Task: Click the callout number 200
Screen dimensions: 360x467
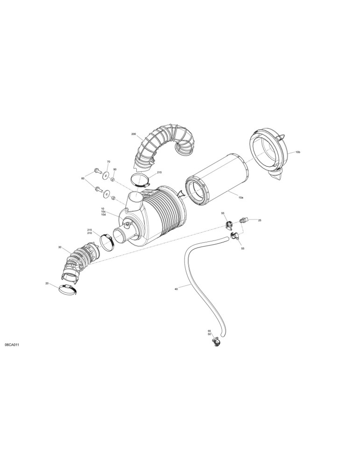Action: [134, 134]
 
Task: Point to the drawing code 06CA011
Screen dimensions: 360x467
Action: [12, 345]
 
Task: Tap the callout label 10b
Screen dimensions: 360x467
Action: [298, 152]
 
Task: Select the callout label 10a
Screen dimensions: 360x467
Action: [241, 198]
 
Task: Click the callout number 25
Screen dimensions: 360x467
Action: [260, 220]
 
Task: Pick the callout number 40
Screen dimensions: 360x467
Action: [176, 289]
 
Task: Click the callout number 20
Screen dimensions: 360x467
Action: [47, 283]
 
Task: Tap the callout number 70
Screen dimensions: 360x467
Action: [108, 162]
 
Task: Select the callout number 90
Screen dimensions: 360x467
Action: [115, 170]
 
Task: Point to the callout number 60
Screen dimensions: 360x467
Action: [83, 178]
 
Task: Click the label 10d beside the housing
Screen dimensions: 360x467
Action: [103, 214]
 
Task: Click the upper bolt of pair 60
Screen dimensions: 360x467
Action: [98, 171]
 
